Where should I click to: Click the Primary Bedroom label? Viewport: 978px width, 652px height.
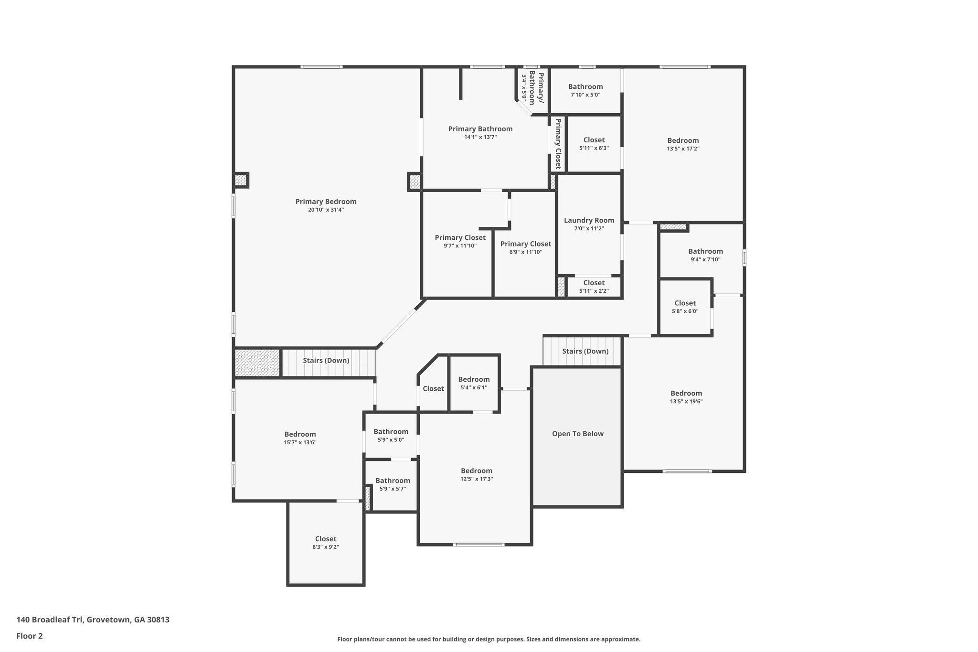[326, 202]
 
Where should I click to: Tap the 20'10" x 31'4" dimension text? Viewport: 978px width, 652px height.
[326, 210]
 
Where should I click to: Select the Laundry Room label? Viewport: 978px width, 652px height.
[589, 220]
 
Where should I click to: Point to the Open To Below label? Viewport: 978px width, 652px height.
[578, 434]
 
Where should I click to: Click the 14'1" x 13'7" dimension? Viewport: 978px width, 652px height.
[480, 137]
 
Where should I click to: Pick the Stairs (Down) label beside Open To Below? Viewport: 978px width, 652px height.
[585, 351]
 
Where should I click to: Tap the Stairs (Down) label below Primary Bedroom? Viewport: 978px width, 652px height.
[326, 360]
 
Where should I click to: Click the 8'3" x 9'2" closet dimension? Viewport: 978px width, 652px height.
[326, 547]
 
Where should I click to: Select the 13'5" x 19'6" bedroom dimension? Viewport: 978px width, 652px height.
[686, 402]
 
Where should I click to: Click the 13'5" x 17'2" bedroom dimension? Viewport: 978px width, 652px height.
[683, 149]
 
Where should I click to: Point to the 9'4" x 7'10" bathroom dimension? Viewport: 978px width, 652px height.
[705, 260]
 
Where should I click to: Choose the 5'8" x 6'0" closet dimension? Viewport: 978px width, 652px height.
[685, 311]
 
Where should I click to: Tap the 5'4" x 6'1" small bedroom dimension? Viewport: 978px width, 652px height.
[474, 387]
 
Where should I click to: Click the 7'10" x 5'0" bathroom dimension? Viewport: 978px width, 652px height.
[585, 95]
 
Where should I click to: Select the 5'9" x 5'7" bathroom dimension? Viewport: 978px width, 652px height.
[393, 489]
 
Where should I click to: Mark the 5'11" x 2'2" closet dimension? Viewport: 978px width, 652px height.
[594, 291]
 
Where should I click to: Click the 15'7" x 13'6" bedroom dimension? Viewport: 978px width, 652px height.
[300, 442]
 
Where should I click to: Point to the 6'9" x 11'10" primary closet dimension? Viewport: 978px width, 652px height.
[526, 252]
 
